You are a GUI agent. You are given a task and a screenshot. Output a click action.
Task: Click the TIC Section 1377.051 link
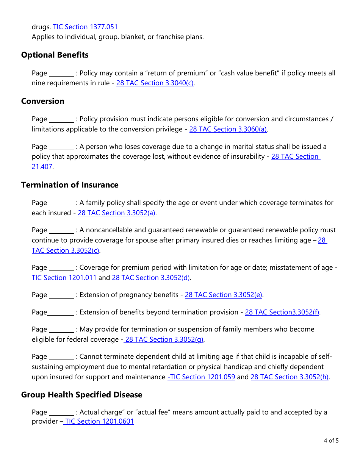[85, 27]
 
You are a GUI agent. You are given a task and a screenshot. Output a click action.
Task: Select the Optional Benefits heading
[55, 55]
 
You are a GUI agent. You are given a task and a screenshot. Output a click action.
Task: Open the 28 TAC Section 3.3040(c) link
[155, 83]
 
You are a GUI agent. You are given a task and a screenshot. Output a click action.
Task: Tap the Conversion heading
[42, 101]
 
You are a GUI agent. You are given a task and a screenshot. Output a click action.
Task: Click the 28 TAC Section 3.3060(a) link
[228, 129]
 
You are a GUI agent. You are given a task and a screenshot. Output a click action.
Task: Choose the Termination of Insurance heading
[70, 185]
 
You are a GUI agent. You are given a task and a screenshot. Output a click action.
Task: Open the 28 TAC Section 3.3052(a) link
[117, 213]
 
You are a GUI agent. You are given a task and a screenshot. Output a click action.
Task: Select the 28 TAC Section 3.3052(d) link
[151, 278]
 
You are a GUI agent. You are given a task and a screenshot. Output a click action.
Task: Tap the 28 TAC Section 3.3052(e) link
[224, 295]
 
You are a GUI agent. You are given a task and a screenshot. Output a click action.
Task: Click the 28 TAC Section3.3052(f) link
[282, 312]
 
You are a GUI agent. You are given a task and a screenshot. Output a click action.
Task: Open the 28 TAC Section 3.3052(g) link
[164, 339]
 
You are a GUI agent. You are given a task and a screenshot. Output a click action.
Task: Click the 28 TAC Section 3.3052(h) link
[290, 377]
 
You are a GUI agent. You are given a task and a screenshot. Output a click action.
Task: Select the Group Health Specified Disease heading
[81, 395]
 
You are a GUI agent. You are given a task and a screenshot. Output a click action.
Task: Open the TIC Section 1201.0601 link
[99, 421]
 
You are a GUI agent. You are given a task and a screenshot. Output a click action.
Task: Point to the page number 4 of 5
[331, 441]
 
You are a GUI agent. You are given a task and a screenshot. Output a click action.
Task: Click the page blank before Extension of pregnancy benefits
[62, 295]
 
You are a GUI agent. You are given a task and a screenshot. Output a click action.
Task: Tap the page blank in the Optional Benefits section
[62, 73]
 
